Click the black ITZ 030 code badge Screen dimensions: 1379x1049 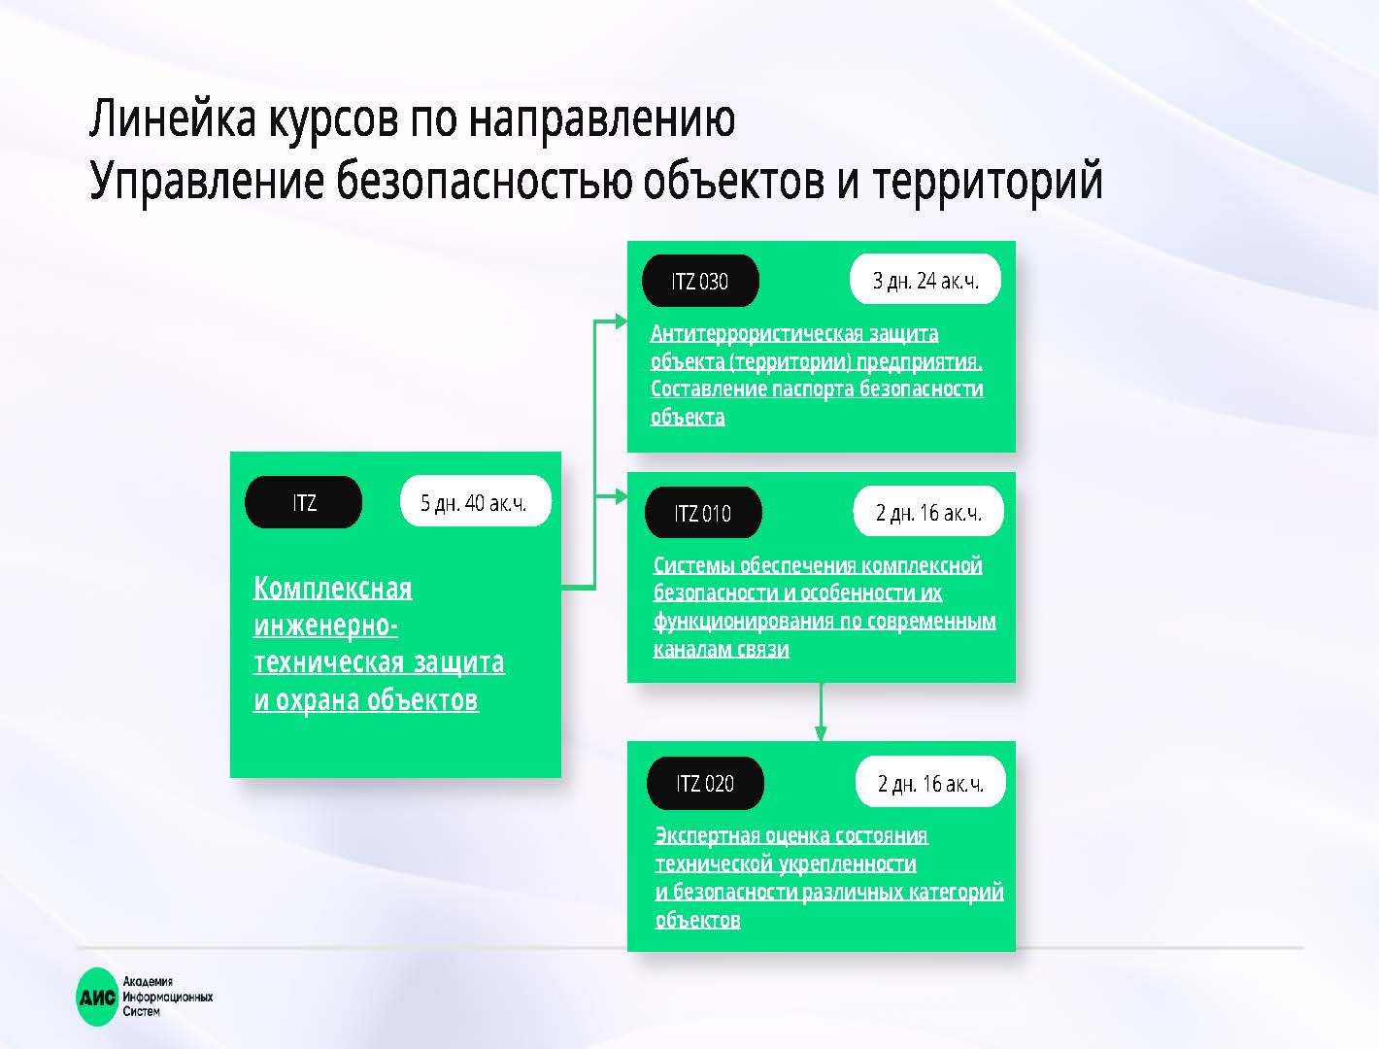700,281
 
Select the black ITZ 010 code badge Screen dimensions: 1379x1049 703,513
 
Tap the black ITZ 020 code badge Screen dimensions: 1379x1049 705,783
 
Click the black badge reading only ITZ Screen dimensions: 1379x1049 303,502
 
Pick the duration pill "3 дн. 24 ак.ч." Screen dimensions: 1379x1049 925,280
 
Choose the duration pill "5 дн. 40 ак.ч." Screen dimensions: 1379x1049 475,501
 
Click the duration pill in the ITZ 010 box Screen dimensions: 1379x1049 928,511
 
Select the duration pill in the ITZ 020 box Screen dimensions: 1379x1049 930,782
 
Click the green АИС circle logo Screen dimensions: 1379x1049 97,997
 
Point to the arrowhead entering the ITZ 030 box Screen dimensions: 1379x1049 622,321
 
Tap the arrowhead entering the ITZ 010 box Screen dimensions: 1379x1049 622,497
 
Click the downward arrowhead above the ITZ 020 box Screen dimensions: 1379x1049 821,733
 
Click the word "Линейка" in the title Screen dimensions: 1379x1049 173,118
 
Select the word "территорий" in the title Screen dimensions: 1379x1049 987,181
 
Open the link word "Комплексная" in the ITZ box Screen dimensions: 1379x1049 333,589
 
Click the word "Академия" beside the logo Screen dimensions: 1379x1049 148,982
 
